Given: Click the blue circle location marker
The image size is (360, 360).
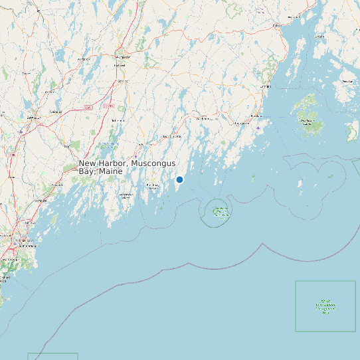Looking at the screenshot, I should point(179,179).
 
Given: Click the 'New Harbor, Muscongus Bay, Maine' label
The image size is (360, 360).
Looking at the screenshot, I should point(127,167).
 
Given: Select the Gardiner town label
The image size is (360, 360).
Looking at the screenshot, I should point(120,81).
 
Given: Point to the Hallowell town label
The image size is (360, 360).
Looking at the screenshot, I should point(120,66).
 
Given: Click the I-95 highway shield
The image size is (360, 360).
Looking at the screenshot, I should point(88,108).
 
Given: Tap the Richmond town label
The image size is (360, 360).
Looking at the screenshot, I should point(118,120).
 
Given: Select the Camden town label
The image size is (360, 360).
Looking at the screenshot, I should point(266,86).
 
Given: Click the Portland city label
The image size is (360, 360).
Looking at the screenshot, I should point(24,242).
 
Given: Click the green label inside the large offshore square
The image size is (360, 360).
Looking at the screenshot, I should point(325,306).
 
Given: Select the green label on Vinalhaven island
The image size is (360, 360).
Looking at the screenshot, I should point(307,122).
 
